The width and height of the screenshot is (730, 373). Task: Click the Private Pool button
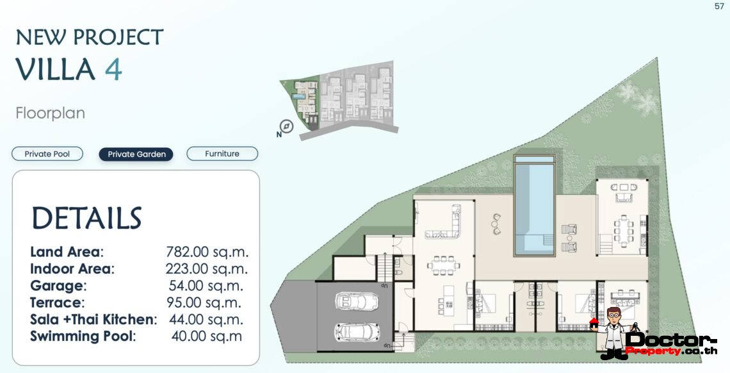point(47,154)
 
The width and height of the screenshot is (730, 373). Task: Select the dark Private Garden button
point(136,154)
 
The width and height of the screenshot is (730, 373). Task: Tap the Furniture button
point(222,154)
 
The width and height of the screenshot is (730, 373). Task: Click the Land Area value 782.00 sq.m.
point(207,252)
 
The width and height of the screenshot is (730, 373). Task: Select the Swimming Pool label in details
point(83,336)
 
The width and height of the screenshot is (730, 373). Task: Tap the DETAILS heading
point(86,219)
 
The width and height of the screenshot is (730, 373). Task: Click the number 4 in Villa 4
point(113,69)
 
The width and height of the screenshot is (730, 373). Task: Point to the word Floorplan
point(50,113)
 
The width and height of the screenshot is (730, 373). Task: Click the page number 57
point(719,6)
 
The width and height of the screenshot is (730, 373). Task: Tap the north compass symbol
point(286,127)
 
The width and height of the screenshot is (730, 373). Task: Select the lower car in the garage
point(350,331)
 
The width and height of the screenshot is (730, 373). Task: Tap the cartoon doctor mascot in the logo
point(613,330)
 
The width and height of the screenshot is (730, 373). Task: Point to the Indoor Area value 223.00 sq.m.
point(206,269)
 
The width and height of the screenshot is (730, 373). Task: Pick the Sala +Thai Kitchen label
point(93,319)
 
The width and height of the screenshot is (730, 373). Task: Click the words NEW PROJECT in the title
point(90,37)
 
